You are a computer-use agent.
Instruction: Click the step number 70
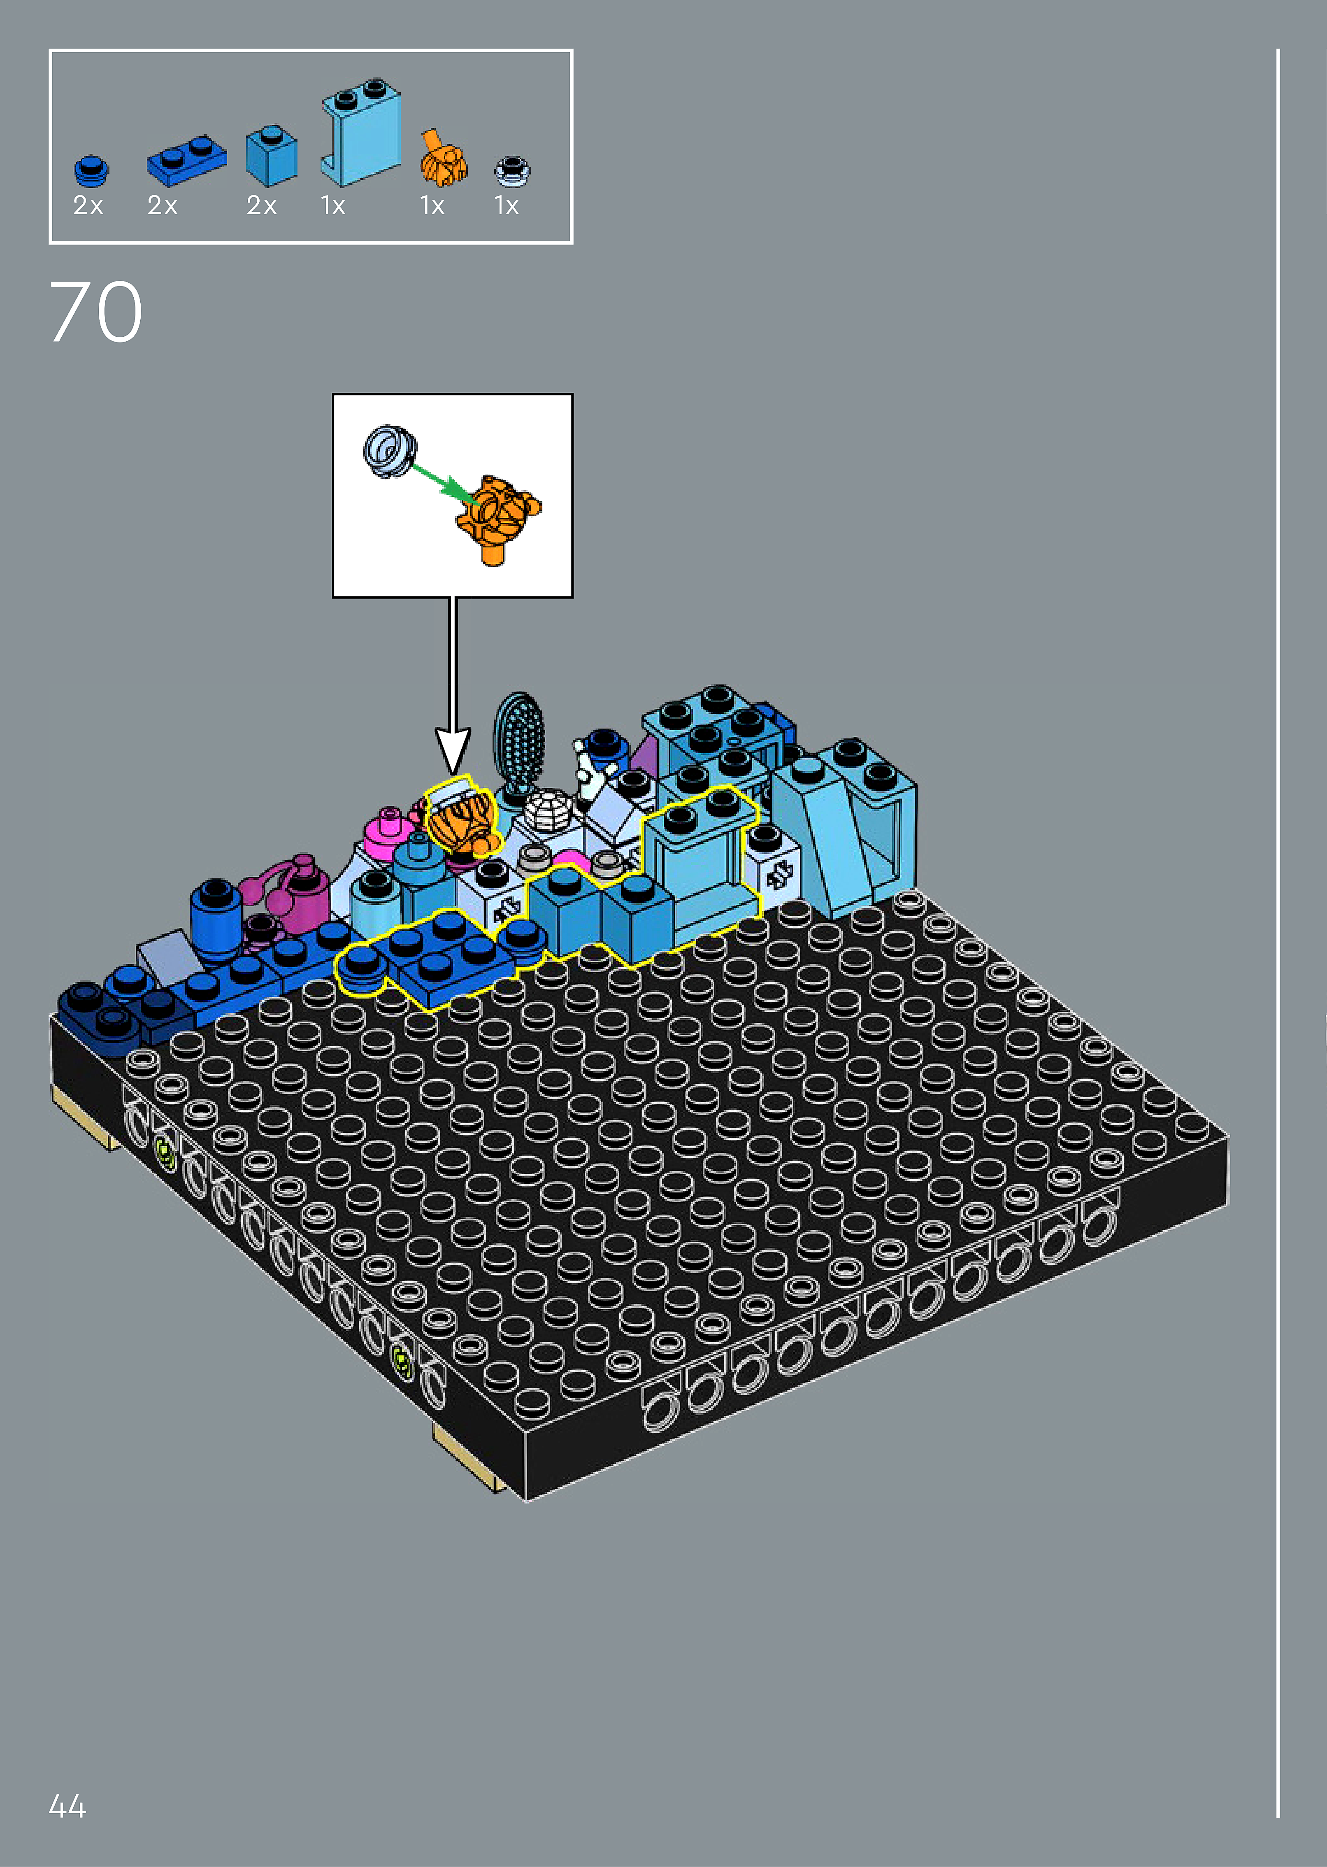[x=95, y=312]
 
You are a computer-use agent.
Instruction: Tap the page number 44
[x=68, y=1806]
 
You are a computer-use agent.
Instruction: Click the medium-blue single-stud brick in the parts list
[x=271, y=155]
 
